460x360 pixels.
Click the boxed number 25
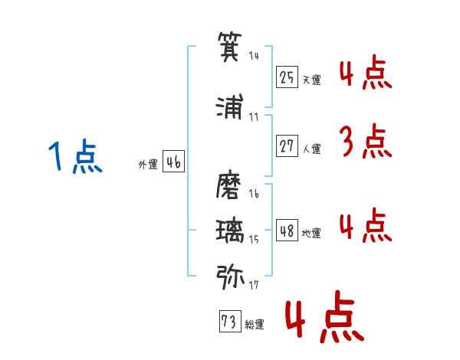pyautogui.click(x=287, y=77)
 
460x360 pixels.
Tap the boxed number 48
pyautogui.click(x=287, y=230)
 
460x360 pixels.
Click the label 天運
pyautogui.click(x=311, y=80)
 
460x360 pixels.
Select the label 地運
pyautogui.click(x=311, y=233)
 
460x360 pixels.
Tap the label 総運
pyautogui.click(x=255, y=325)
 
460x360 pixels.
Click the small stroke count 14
pyautogui.click(x=254, y=57)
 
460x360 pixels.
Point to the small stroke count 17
pyautogui.click(x=254, y=285)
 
